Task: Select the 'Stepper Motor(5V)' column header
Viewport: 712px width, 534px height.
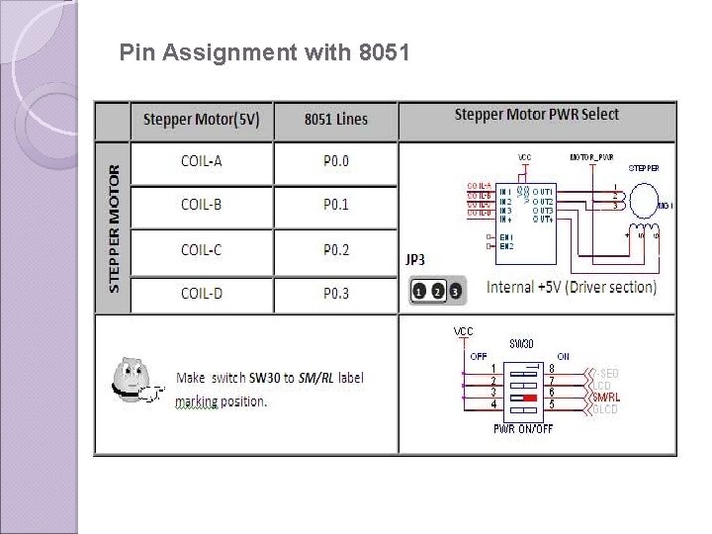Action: click(x=202, y=120)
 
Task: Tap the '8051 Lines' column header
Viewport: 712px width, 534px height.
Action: click(x=335, y=120)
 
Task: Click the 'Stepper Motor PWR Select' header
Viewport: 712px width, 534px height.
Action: click(x=537, y=115)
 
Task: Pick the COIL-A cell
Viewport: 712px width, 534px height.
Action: click(x=201, y=161)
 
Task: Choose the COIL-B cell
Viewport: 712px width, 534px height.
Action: click(x=201, y=205)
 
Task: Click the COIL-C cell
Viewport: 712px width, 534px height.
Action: click(x=201, y=250)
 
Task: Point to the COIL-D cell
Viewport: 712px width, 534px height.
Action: click(x=201, y=293)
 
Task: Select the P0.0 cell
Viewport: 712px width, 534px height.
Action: click(x=336, y=161)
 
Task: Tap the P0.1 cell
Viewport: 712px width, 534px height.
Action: click(x=336, y=205)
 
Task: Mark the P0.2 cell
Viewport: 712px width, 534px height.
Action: click(x=336, y=250)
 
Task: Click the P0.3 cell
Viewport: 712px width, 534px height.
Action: click(x=336, y=293)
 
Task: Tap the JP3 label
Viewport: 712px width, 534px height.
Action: click(x=416, y=260)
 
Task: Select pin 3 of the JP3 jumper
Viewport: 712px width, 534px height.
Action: click(x=454, y=292)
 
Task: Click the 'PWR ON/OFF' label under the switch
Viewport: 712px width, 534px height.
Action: click(x=523, y=429)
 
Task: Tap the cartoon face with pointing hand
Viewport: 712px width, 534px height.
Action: click(x=133, y=379)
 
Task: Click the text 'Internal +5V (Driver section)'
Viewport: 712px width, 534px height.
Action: click(x=572, y=288)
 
